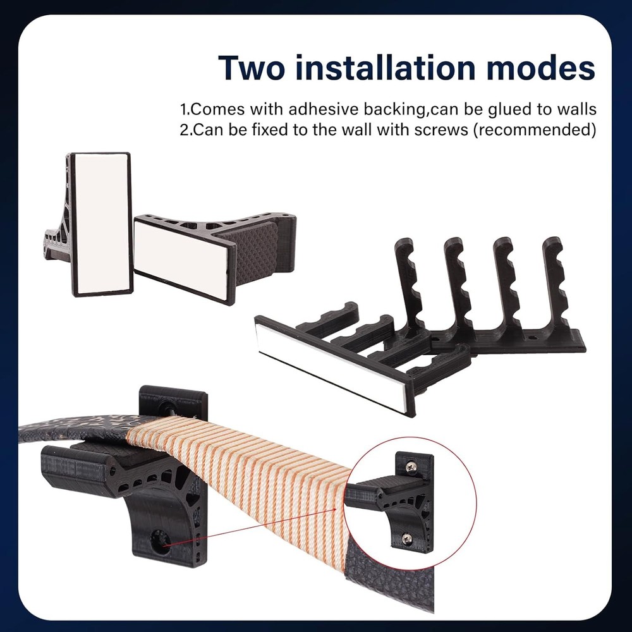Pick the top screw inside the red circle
point(412,467)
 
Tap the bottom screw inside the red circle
point(408,538)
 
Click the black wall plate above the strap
point(173,402)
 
